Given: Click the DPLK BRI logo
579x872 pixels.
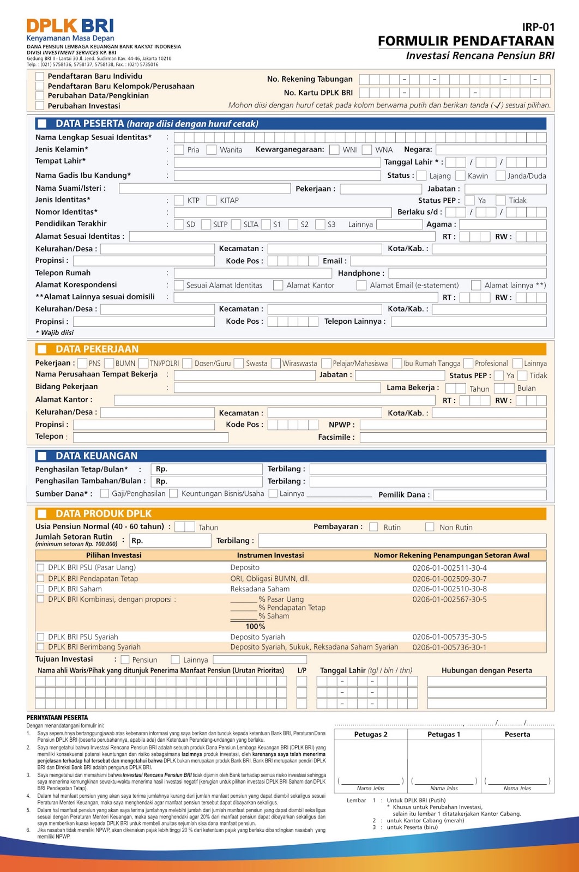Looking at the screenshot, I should click(x=70, y=27).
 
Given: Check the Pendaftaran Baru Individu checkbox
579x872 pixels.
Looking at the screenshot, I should click(x=40, y=76).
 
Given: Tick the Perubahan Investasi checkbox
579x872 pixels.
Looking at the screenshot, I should click(x=40, y=106).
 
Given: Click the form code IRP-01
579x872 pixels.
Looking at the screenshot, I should click(x=538, y=27).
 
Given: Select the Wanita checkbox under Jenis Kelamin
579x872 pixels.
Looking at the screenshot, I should click(x=211, y=149).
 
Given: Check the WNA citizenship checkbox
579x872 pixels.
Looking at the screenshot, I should click(x=367, y=149).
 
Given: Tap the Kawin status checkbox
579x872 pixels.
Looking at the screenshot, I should click(x=460, y=175).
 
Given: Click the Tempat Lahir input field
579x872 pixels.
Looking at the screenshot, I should click(x=277, y=162).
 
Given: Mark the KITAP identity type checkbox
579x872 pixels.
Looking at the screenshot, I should click(x=212, y=200).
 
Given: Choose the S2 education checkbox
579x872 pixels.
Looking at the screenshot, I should click(x=293, y=224).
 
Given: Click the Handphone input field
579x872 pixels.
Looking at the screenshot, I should click(x=467, y=273).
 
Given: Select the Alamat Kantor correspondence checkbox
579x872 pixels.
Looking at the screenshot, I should click(x=278, y=285).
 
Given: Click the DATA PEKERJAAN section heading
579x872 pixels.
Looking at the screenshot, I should click(x=97, y=349).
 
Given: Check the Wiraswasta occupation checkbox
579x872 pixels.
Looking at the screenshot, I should click(x=276, y=363).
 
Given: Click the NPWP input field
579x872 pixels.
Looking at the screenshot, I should click(x=453, y=425).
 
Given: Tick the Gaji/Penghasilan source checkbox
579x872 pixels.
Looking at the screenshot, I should click(x=105, y=493).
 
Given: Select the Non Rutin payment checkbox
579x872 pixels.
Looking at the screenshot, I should click(x=430, y=527).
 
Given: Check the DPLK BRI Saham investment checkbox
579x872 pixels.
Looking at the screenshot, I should click(x=40, y=589).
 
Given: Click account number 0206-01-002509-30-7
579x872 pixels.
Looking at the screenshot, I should click(x=449, y=579).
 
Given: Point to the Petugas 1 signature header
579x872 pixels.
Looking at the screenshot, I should click(x=444, y=734).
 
